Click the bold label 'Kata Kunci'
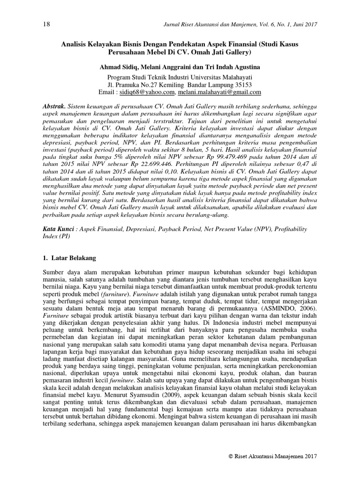[x=58, y=229]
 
